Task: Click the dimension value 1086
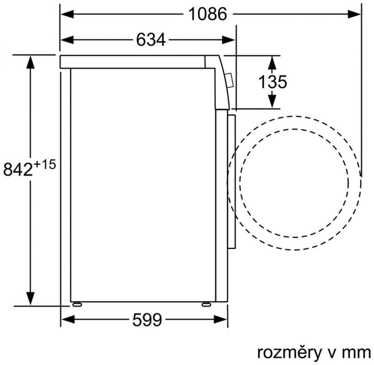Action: click(207, 14)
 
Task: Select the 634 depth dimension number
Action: click(151, 40)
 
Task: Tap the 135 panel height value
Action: click(273, 82)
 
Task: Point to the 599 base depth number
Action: click(147, 320)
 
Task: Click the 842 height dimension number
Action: click(18, 170)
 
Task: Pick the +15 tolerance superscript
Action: click(45, 165)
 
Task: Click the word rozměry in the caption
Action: click(289, 352)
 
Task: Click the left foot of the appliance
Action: click(77, 304)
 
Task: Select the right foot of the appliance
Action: click(206, 304)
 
